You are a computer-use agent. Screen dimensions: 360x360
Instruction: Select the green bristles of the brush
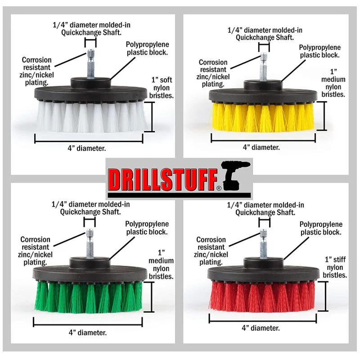(88, 297)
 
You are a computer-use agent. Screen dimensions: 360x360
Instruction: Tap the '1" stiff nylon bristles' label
(335, 267)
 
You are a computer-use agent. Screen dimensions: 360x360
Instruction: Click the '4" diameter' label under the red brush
(261, 328)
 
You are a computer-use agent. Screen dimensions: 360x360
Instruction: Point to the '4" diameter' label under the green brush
(88, 333)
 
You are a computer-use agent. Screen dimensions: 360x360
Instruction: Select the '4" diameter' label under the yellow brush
(261, 147)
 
